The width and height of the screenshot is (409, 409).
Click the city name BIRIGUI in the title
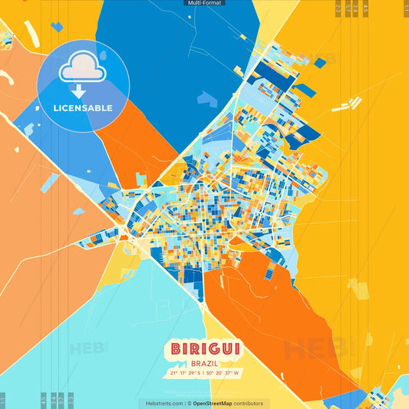(x=204, y=348)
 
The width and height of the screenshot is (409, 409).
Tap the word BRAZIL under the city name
(x=204, y=361)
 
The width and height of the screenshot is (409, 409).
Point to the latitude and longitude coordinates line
(x=204, y=374)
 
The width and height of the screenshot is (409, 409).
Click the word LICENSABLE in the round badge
(x=82, y=108)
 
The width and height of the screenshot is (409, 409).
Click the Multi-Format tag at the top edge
(x=204, y=3)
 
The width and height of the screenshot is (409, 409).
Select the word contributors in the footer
(x=249, y=403)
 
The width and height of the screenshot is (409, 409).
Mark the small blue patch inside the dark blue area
(x=207, y=98)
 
